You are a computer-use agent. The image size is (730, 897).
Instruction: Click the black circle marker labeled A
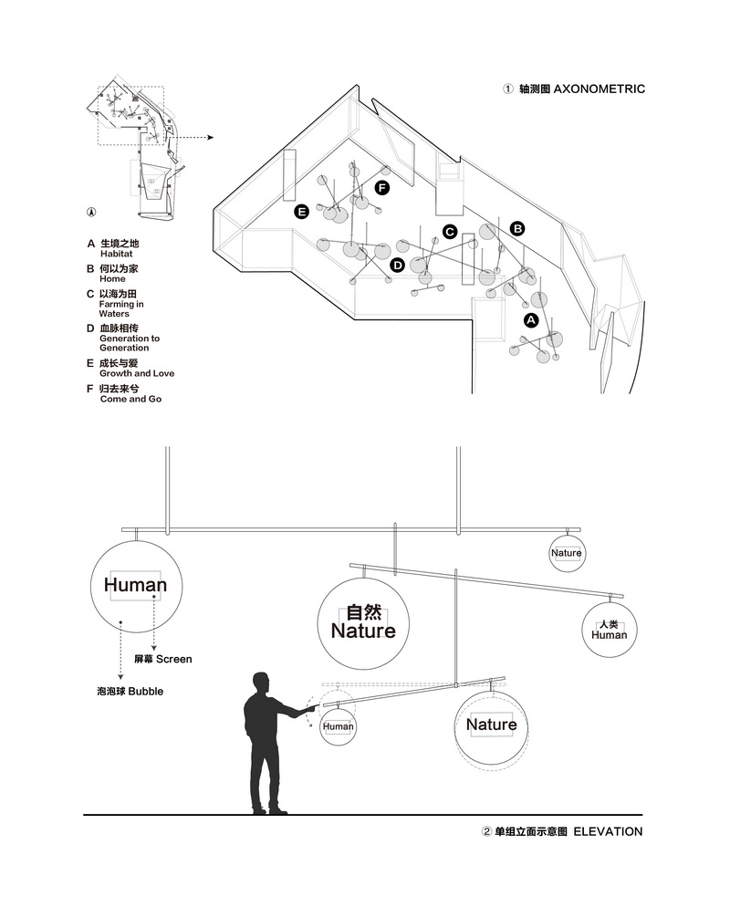tap(531, 320)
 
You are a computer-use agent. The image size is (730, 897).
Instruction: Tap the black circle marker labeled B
tap(517, 228)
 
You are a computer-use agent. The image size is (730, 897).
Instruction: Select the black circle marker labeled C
tap(450, 231)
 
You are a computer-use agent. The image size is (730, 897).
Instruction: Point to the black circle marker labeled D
tap(397, 265)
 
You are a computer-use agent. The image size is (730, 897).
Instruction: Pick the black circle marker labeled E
tap(301, 212)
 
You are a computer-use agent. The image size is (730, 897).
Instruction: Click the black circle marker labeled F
tap(382, 188)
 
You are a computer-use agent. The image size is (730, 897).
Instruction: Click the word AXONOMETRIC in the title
tap(599, 89)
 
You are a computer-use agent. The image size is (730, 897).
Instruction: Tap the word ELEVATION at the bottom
tap(608, 831)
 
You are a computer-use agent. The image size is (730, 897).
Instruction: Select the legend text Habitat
tap(116, 254)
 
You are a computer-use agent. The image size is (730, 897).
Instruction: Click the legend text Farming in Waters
tap(121, 309)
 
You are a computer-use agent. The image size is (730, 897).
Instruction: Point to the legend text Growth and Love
tap(137, 373)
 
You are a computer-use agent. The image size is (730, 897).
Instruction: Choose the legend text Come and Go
tap(130, 399)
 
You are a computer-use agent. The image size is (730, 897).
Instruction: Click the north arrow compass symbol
tap(91, 212)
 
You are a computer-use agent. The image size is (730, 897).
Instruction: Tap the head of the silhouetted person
tap(261, 683)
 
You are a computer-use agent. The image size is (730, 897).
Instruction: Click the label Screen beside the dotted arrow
tap(174, 659)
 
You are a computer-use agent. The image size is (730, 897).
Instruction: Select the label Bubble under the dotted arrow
tap(146, 691)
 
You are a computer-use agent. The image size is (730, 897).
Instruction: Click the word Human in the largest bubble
tap(136, 585)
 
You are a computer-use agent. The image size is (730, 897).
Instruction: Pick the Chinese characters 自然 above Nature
tap(364, 612)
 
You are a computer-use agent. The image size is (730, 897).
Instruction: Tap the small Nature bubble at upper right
tap(567, 553)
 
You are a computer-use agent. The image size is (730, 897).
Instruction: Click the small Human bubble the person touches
tap(339, 726)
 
